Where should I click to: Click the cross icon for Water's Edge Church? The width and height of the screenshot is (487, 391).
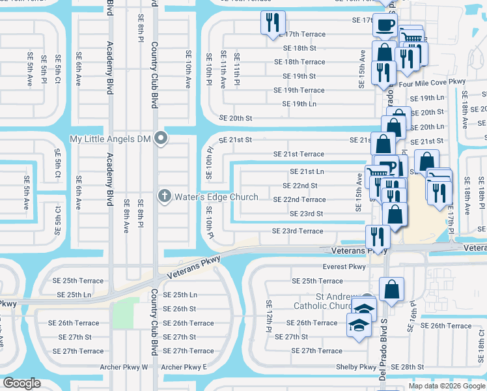click(x=165, y=196)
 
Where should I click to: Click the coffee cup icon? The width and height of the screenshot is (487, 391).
click(x=383, y=24)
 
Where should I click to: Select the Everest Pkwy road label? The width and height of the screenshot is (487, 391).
click(x=344, y=267)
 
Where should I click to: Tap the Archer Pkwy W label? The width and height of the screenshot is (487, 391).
click(x=124, y=367)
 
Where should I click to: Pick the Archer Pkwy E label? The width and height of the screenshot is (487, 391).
click(x=184, y=367)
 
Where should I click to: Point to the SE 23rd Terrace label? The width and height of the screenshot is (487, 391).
click(x=298, y=231)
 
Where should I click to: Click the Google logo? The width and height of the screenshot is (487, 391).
click(x=23, y=383)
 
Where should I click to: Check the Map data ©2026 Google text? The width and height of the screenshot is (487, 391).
click(x=447, y=386)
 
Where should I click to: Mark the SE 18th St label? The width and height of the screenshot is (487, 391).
click(x=299, y=48)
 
